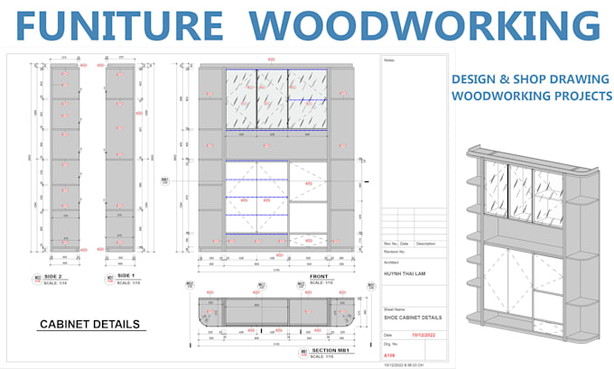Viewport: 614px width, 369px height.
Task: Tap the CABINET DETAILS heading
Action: [x=89, y=324]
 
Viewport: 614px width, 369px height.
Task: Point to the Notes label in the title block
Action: [x=390, y=62]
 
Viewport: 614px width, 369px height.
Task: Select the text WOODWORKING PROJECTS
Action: [x=531, y=97]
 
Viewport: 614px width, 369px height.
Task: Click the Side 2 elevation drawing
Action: [x=63, y=158]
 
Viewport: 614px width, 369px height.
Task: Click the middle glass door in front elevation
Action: [x=272, y=99]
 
